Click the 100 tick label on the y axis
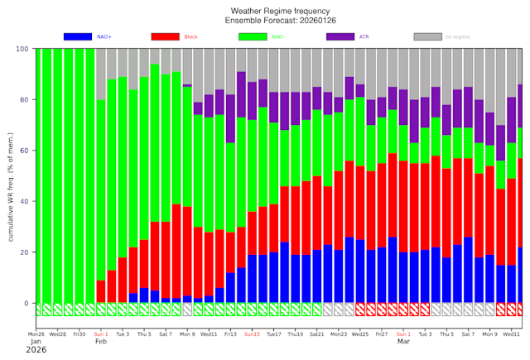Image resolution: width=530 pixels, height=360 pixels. point(22,50)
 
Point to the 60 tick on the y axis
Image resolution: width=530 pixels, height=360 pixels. point(25,151)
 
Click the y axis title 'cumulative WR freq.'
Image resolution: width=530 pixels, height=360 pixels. point(12,176)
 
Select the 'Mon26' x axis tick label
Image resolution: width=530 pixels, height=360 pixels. point(36,334)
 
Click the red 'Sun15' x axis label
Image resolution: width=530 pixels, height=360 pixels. point(252,334)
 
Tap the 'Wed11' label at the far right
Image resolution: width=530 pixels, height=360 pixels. point(511,334)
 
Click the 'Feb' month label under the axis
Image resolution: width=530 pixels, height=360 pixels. point(101,342)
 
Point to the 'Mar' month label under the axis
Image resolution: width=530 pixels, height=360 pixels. point(403,342)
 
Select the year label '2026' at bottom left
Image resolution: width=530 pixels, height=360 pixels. point(36,350)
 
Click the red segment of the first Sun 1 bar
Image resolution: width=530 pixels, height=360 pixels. point(101,291)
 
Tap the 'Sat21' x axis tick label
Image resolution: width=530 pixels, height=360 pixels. point(316,334)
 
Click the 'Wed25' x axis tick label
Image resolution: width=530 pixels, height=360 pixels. point(360,334)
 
